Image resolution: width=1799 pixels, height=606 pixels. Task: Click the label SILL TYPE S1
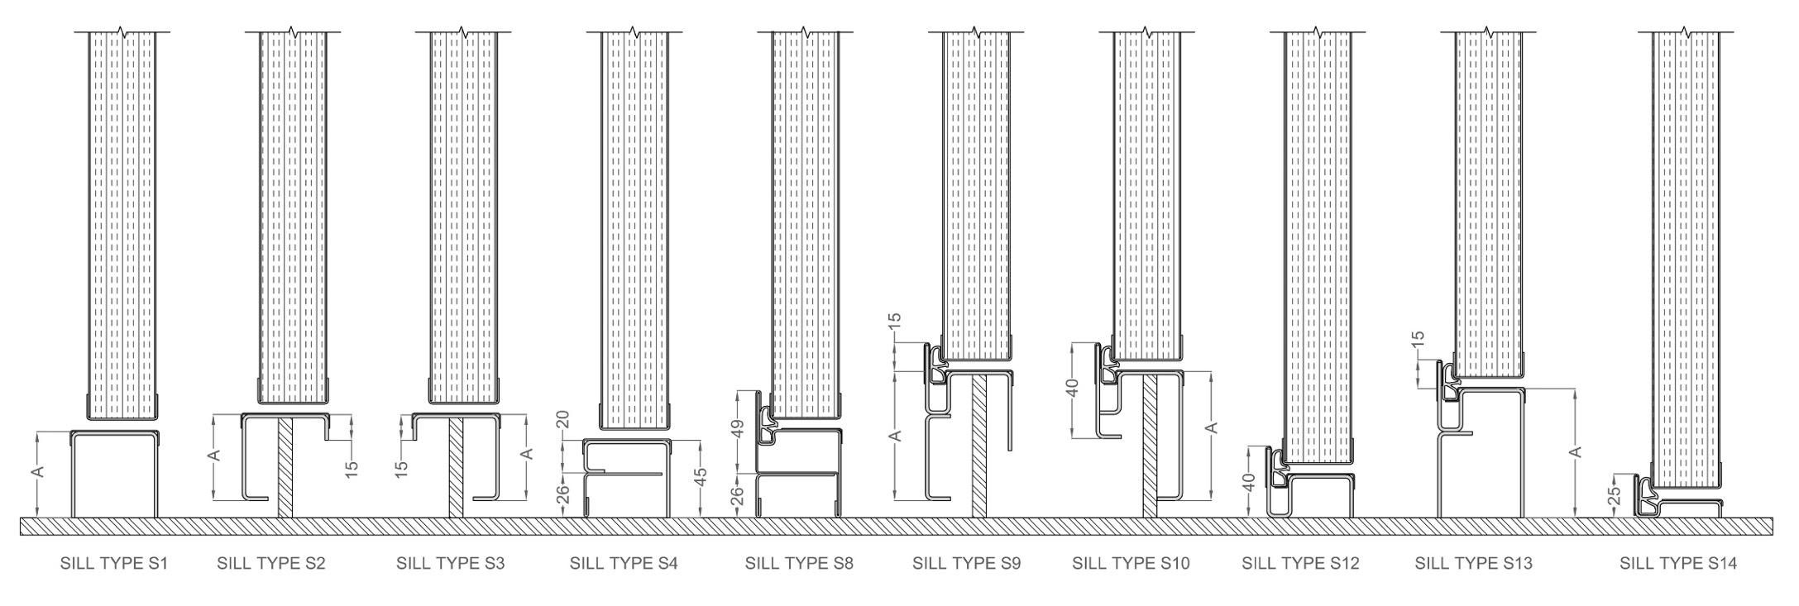pyautogui.click(x=114, y=564)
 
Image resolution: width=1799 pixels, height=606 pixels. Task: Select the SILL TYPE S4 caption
pyautogui.click(x=624, y=564)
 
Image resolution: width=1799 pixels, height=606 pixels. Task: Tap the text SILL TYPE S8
pyautogui.click(x=799, y=564)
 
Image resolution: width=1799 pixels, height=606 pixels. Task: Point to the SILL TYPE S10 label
pyautogui.click(x=1131, y=564)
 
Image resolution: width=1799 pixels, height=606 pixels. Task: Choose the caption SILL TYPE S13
pyautogui.click(x=1473, y=564)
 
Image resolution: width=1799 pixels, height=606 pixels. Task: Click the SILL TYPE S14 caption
pyautogui.click(x=1678, y=564)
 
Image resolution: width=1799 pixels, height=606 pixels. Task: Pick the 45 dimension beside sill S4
pyautogui.click(x=700, y=478)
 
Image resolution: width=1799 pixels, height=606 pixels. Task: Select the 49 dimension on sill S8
pyautogui.click(x=739, y=427)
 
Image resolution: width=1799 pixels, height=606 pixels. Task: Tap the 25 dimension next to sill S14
pyautogui.click(x=1613, y=495)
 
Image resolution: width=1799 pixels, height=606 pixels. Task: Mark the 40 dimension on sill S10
pyautogui.click(x=1073, y=389)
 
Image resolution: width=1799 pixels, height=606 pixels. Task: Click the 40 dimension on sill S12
pyautogui.click(x=1250, y=481)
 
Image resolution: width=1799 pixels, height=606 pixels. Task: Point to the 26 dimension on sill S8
pyautogui.click(x=739, y=495)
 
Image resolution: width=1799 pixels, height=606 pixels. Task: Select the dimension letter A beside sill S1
pyautogui.click(x=37, y=471)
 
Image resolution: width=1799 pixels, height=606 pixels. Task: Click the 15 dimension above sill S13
pyautogui.click(x=1418, y=338)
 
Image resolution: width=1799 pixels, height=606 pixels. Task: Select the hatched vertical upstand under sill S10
pyautogui.click(x=1150, y=446)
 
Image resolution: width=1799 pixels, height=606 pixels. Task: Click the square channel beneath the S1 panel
pyautogui.click(x=113, y=475)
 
